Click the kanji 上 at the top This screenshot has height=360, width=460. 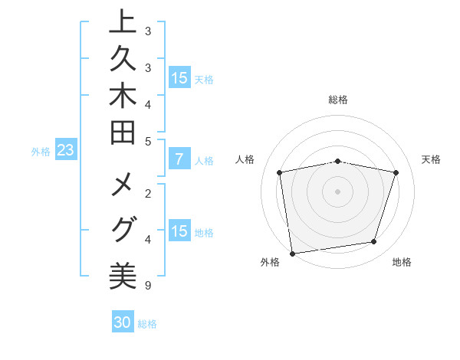click(123, 23)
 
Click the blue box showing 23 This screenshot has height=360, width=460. click(65, 151)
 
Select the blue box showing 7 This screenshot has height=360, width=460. click(179, 160)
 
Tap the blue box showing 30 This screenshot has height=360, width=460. click(123, 322)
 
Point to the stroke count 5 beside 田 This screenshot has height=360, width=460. click(147, 142)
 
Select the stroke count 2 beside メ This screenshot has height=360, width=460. click(147, 193)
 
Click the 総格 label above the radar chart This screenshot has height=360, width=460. click(337, 100)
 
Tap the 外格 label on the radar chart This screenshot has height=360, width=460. click(269, 263)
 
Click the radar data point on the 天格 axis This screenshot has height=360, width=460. click(396, 172)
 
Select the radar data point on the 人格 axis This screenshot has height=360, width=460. click(280, 172)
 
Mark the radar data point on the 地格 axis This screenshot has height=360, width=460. click(373, 242)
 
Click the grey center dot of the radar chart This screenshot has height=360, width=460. click(337, 191)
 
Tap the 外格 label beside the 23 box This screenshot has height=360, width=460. click(41, 152)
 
